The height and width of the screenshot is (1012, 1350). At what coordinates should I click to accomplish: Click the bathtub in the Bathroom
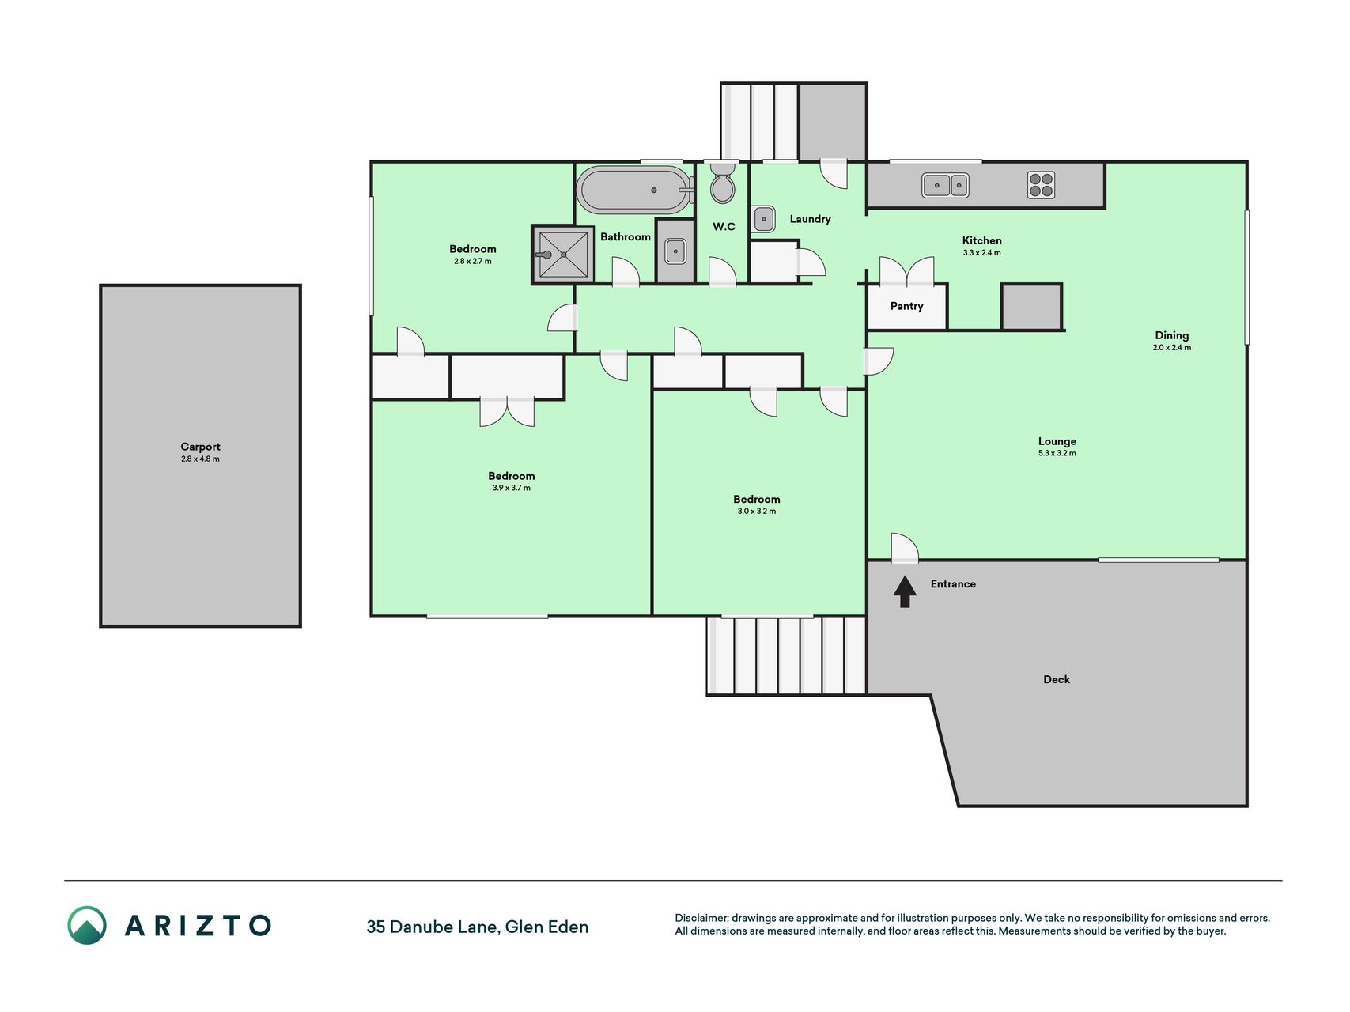click(634, 190)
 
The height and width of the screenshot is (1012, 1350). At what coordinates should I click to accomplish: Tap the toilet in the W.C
click(722, 183)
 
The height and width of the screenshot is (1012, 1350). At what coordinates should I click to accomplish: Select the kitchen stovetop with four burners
click(1042, 185)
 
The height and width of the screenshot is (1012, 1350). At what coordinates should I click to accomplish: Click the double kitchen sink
click(945, 186)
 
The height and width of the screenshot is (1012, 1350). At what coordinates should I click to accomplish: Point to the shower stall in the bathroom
click(563, 255)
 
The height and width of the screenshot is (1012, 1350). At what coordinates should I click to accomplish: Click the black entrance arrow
click(905, 591)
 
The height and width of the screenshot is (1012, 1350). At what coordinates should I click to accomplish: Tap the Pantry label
click(906, 306)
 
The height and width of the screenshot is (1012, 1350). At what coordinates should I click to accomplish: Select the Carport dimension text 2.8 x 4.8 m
click(200, 459)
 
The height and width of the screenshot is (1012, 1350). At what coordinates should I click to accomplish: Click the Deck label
click(1057, 679)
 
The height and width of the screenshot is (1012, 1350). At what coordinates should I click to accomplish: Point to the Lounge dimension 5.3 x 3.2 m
click(1057, 454)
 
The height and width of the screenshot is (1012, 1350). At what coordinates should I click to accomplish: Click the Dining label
click(1171, 335)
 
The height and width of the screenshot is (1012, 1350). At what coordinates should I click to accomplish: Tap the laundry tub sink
click(763, 219)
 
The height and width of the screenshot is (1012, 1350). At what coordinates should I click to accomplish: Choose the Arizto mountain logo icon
click(87, 925)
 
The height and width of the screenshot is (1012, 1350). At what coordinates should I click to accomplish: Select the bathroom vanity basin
click(675, 251)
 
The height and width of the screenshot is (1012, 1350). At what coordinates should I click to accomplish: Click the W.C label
click(724, 227)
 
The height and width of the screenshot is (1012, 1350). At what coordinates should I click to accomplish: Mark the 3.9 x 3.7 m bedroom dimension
click(512, 489)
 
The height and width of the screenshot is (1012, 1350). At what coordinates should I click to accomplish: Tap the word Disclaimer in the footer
click(701, 918)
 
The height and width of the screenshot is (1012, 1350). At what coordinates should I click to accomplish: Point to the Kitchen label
click(982, 240)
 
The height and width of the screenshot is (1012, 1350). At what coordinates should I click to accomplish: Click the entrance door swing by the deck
click(905, 548)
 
